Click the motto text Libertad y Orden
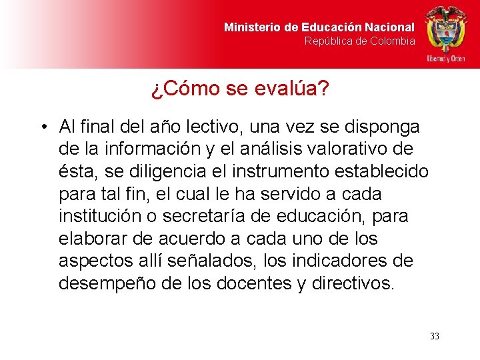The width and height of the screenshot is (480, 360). click(446, 59)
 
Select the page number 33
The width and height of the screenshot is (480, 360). click(435, 336)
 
